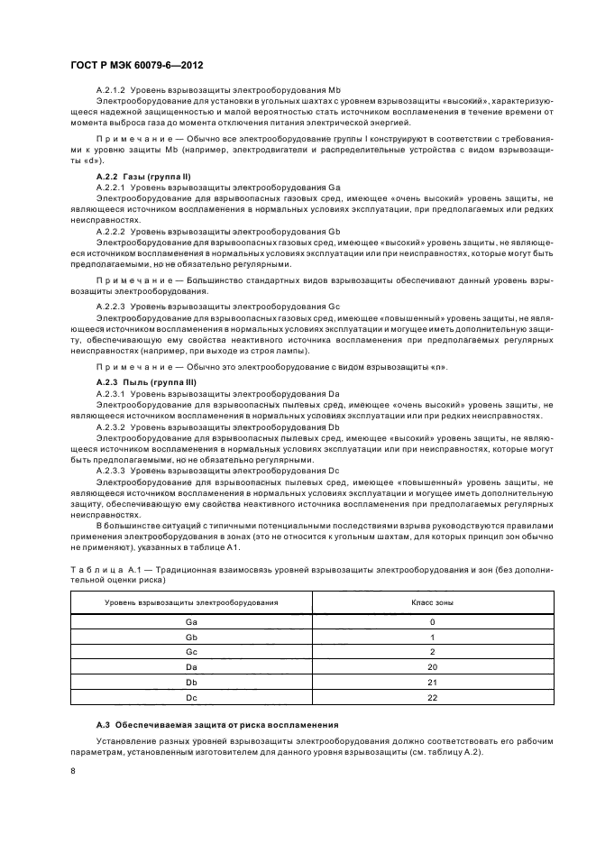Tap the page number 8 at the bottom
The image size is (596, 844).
[73, 770]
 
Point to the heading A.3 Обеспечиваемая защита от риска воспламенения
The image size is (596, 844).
[218, 725]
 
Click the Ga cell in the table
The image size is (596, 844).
[191, 622]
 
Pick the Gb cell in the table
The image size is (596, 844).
[191, 637]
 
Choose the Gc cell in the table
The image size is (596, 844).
[191, 651]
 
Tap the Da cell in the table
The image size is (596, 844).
[191, 666]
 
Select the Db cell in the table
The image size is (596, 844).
[191, 681]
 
